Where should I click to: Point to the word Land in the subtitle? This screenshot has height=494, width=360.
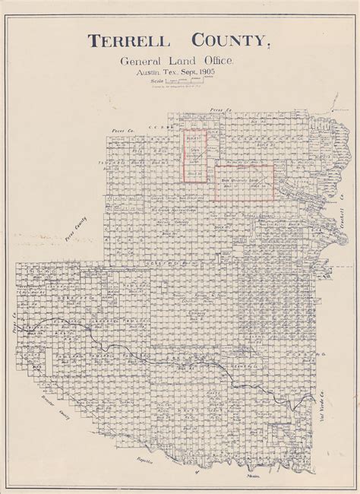[178, 62]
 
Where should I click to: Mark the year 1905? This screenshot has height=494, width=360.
[220, 73]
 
